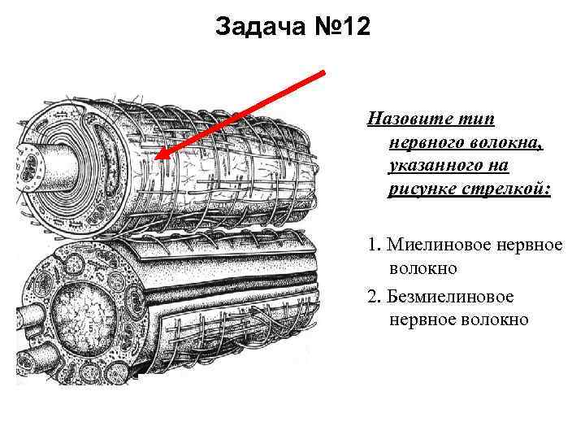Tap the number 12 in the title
tap(353, 28)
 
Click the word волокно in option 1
tap(422, 267)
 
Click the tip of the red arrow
tap(158, 158)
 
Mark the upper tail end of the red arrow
tap(324, 72)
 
